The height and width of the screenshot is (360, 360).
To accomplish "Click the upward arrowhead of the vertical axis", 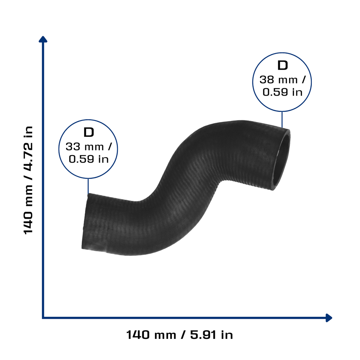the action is point(43,39).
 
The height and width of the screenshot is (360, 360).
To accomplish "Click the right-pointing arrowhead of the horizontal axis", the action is point(329,318).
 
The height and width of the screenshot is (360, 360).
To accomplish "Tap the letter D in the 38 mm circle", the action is point(282,65).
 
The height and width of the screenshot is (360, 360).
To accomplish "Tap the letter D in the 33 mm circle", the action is point(89,132).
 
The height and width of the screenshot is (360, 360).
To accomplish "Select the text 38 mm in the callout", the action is point(278,80).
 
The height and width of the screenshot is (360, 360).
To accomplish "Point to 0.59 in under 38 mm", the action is point(282,92).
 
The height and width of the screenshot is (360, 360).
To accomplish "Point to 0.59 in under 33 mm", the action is point(89,159).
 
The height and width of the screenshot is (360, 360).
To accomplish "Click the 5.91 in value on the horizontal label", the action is point(211,335).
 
